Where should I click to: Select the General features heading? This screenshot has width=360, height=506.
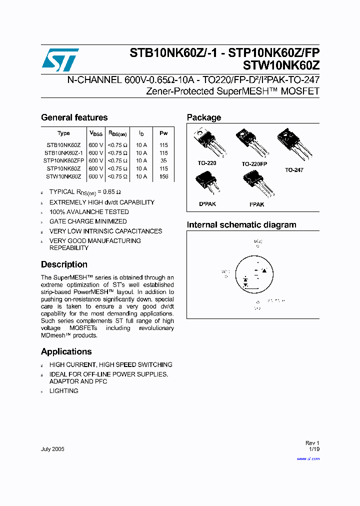[x=74, y=117]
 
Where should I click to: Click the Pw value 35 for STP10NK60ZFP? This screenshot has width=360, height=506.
[x=163, y=160]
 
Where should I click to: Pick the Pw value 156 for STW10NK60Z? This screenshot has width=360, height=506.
[x=163, y=176]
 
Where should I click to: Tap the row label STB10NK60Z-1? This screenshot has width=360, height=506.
[x=63, y=152]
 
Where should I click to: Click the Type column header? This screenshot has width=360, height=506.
[x=63, y=133]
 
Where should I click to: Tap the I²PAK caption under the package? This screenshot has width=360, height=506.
[x=256, y=204]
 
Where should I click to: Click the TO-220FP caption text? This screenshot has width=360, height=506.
[x=254, y=164]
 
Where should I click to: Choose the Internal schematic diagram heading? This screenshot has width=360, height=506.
[x=241, y=225]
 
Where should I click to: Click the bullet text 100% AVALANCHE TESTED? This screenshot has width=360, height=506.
[x=89, y=212]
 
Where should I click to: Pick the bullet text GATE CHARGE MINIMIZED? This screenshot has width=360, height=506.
[x=88, y=221]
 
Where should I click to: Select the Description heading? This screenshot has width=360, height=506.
[x=64, y=264]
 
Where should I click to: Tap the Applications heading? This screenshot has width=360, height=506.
[x=66, y=351]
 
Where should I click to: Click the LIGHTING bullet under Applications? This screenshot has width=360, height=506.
[x=63, y=391]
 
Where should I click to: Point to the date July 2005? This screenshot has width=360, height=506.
[x=52, y=449]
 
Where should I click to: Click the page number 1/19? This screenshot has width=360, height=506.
[x=314, y=449]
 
